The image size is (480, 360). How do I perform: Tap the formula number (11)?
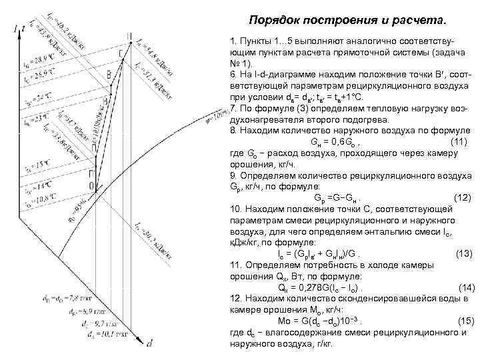coord(458,143)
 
